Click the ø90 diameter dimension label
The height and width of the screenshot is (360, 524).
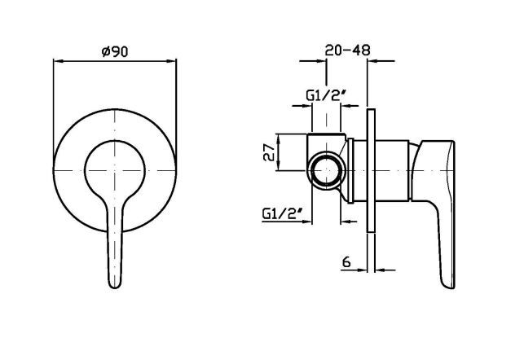click(115, 52)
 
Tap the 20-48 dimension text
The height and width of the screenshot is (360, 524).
click(347, 50)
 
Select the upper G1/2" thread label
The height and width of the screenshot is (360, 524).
click(325, 96)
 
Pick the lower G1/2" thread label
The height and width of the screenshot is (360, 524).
click(283, 213)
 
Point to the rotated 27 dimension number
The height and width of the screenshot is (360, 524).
click(270, 152)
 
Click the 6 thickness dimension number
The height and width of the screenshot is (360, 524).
click(346, 261)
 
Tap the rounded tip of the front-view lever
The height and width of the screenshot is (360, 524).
click(115, 284)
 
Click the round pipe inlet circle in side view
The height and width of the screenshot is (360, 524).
click(327, 170)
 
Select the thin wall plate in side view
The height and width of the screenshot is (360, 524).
click(371, 170)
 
